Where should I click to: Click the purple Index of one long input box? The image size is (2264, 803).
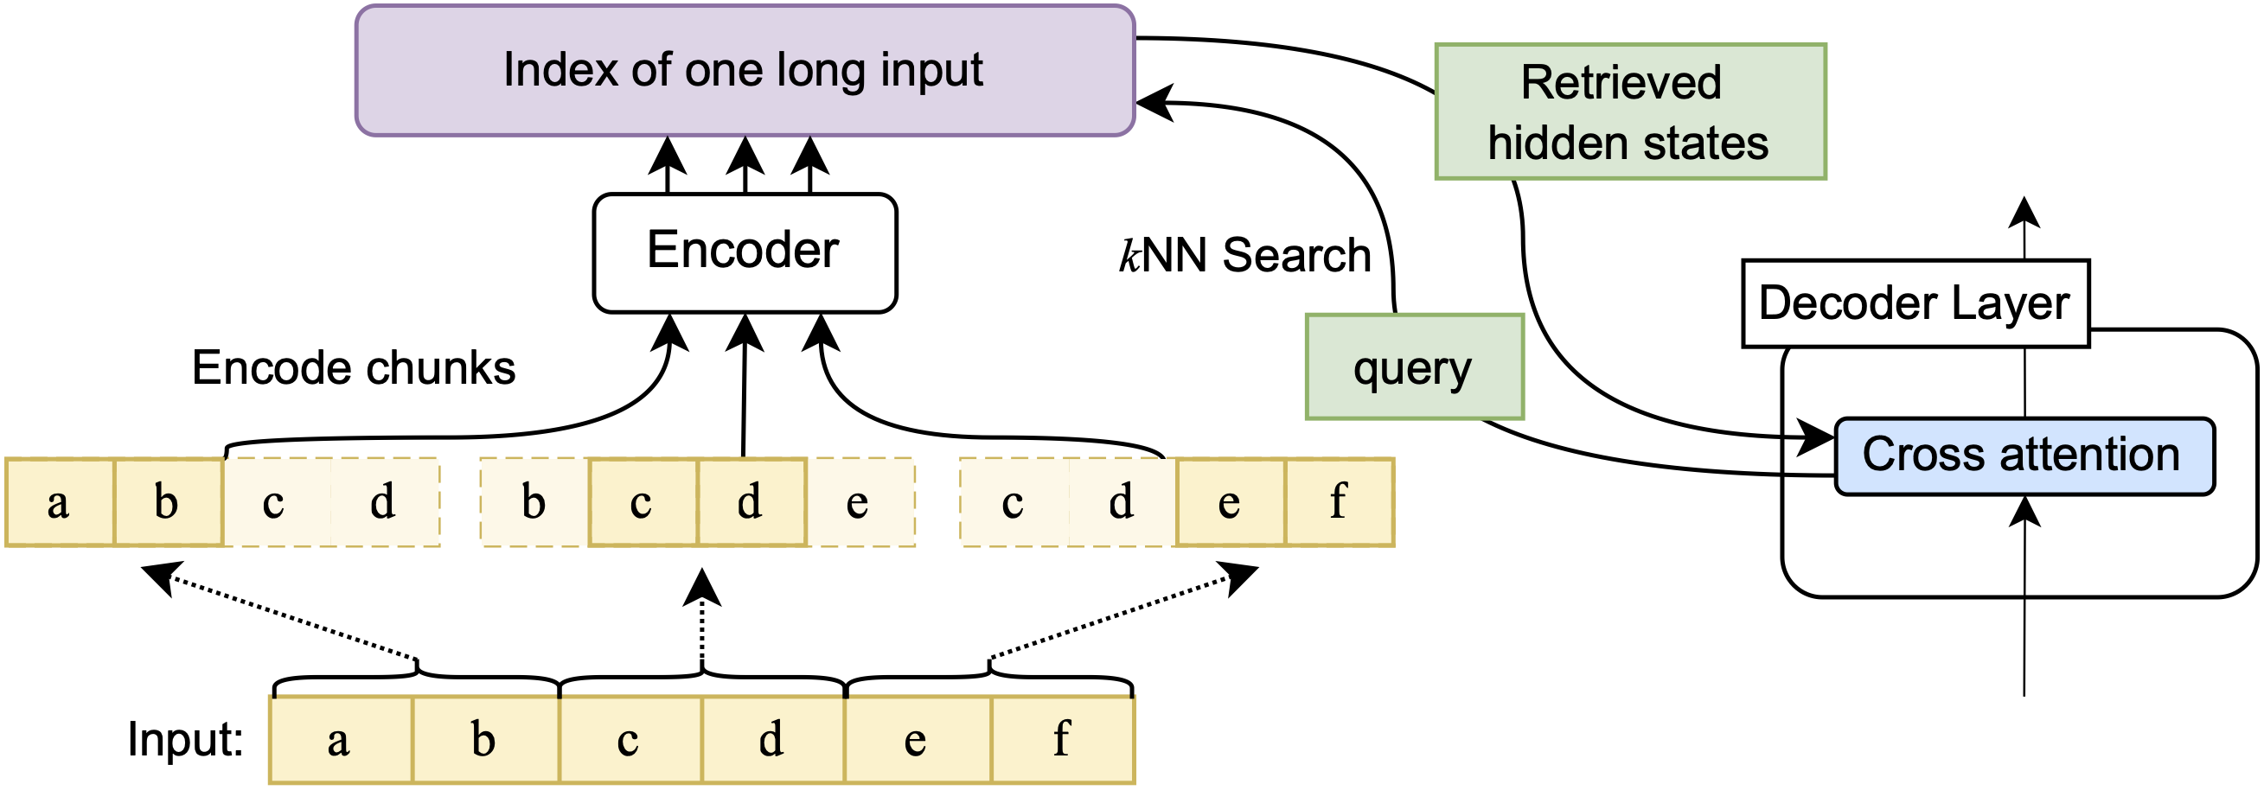pos(745,70)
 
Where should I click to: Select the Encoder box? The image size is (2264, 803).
pos(745,252)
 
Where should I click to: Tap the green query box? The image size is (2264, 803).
pos(1413,366)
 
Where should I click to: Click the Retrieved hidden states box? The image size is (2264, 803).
pos(1629,112)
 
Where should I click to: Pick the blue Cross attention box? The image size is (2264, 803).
pos(2024,456)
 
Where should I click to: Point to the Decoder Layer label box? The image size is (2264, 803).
pos(1915,303)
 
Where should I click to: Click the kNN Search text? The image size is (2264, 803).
pos(1244,256)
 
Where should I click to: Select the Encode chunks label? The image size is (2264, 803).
pos(354,367)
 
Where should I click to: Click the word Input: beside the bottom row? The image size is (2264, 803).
pos(184,739)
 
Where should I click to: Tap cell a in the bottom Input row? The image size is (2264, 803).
pos(340,740)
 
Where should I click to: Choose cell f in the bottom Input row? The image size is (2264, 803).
pos(1062,740)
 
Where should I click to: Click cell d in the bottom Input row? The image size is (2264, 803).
pos(771,740)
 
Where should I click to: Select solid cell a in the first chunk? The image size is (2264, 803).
pos(59,502)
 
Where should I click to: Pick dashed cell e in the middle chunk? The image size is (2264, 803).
pos(859,502)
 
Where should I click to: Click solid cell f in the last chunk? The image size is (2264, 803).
pos(1338,502)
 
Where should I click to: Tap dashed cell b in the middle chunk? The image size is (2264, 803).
pos(534,502)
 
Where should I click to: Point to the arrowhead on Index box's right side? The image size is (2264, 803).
pos(1153,103)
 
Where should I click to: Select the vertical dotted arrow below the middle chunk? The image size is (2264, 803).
pos(702,624)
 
